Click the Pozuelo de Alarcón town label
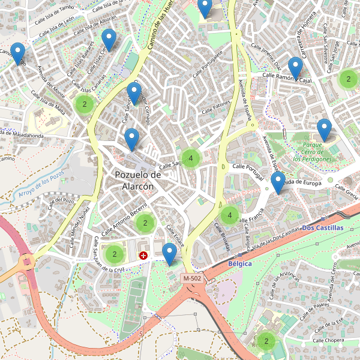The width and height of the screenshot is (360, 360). pyautogui.click(x=138, y=180)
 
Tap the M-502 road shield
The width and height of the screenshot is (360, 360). pyautogui.click(x=193, y=278)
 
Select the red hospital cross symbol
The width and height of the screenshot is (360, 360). pyautogui.click(x=143, y=256)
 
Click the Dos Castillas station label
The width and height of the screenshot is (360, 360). pyautogui.click(x=322, y=228)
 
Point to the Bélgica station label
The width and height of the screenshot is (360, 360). pyautogui.click(x=240, y=263)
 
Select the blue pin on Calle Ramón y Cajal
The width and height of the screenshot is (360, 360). pyautogui.click(x=295, y=68)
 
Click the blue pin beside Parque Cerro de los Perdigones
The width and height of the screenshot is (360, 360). pyautogui.click(x=324, y=130)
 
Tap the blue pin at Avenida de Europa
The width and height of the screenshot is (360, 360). pyautogui.click(x=277, y=182)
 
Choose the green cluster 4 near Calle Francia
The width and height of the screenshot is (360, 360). pyautogui.click(x=229, y=215)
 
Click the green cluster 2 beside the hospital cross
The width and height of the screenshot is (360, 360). pyautogui.click(x=114, y=254)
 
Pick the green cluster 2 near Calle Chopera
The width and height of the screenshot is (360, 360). pyautogui.click(x=266, y=341)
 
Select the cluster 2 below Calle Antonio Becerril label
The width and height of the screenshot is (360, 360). pyautogui.click(x=145, y=223)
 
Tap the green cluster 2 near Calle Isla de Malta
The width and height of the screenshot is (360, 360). pyautogui.click(x=85, y=104)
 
